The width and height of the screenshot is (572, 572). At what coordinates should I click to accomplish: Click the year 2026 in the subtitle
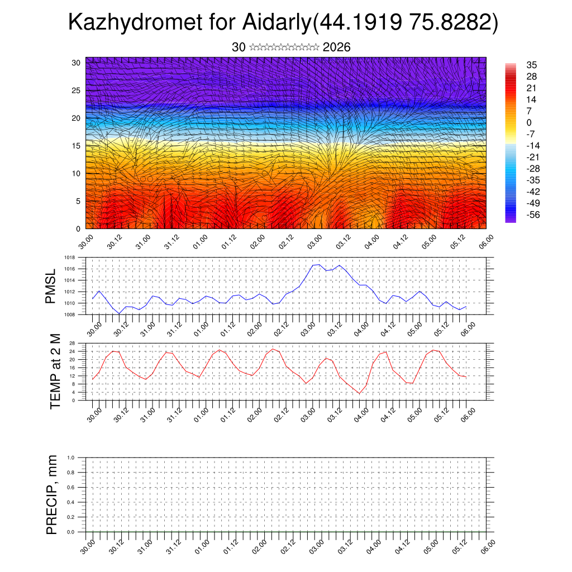pyautogui.click(x=336, y=47)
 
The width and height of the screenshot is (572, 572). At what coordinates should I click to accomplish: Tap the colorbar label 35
pyautogui.click(x=531, y=65)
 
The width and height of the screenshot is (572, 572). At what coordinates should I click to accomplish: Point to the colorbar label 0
pyautogui.click(x=529, y=123)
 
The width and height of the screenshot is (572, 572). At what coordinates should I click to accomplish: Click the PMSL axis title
pyautogui.click(x=51, y=286)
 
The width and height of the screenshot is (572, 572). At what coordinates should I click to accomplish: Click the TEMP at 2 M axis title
pyautogui.click(x=55, y=371)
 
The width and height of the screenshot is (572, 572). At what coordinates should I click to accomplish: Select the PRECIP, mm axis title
pyautogui.click(x=52, y=494)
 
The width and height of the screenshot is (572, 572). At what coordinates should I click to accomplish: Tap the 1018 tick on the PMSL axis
pyautogui.click(x=69, y=258)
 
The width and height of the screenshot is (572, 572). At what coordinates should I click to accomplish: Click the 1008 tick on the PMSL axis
pyautogui.click(x=69, y=314)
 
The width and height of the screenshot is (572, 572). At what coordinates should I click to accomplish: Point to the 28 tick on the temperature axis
pyautogui.click(x=72, y=343)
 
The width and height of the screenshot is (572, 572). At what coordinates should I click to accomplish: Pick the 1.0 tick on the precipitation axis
pyautogui.click(x=71, y=457)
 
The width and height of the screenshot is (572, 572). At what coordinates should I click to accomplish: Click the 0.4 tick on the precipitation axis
pyautogui.click(x=71, y=502)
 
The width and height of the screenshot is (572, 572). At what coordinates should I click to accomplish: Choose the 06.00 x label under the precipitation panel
pyautogui.click(x=487, y=546)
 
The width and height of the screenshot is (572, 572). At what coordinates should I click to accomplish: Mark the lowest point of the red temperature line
pyautogui.click(x=360, y=393)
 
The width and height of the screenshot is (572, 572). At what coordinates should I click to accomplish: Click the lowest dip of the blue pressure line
pyautogui.click(x=120, y=313)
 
